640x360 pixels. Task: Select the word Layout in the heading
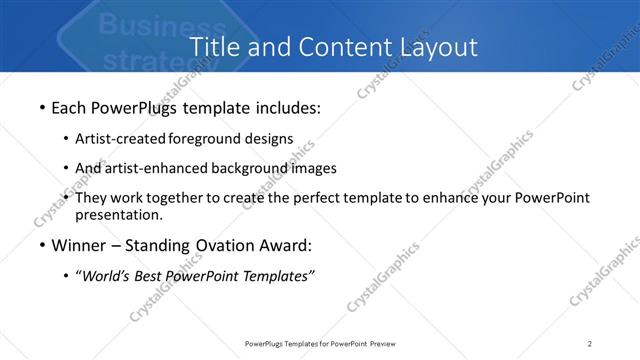coord(433,46)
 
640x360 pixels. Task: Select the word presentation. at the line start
coord(119,214)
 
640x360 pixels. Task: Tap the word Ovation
coord(222,245)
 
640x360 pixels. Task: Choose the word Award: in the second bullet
coord(284,245)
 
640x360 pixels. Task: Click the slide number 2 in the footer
coord(590,343)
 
